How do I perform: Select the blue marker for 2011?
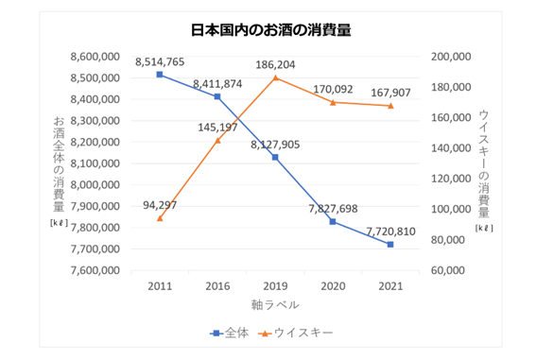coord(160,75)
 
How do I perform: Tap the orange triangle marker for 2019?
coord(275,77)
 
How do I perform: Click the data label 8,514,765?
coord(160,60)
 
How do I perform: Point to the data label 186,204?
coord(275,63)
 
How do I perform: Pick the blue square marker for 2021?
coord(389,245)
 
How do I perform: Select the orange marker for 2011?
coord(160,218)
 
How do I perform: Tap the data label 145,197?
coord(218,126)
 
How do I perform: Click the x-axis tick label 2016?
coord(217,284)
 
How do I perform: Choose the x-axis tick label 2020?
coord(333,284)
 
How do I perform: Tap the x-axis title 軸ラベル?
coord(275,304)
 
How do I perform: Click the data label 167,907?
coord(390,92)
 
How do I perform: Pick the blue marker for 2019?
coord(275,157)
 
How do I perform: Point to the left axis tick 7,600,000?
coord(95,270)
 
